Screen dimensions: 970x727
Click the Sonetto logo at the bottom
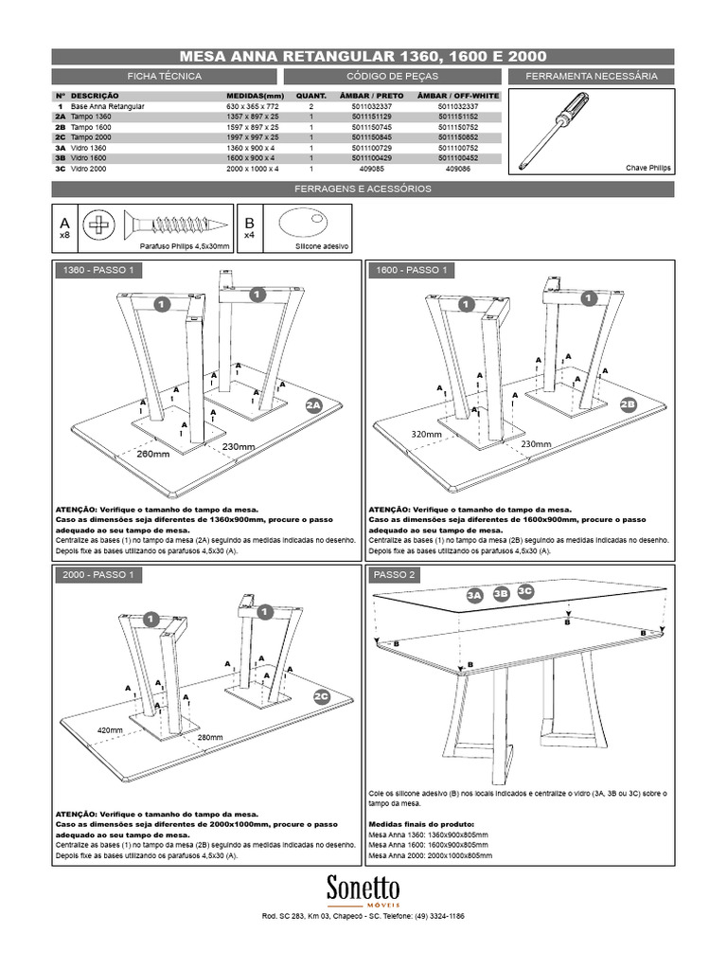363,889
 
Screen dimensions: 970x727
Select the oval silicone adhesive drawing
304,225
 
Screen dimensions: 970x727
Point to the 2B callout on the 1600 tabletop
628,404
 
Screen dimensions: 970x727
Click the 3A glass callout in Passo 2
475,595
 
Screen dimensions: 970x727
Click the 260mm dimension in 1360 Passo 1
152,453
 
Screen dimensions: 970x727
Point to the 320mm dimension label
427,434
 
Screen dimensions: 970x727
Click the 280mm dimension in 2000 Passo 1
209,737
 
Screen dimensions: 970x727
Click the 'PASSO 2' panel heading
395,575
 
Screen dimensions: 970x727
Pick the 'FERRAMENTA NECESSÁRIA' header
592,76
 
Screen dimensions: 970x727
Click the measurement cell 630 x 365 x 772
248,108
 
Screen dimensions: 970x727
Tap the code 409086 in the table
457,169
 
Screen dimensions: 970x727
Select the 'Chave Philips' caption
647,167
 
